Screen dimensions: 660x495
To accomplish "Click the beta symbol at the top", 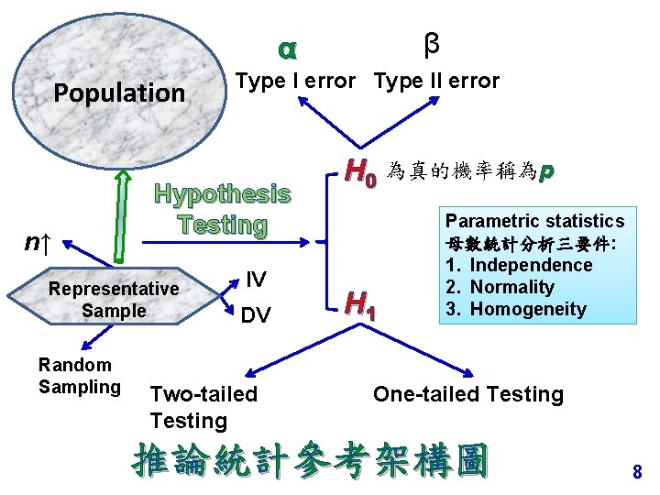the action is [x=432, y=42].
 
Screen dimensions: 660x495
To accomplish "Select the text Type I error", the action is [x=295, y=81].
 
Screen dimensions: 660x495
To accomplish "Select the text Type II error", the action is [x=436, y=81].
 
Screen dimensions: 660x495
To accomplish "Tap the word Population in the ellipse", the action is [x=119, y=93].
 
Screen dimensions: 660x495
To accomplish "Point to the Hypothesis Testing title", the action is [x=223, y=209].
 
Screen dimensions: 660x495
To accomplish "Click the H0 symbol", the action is [x=360, y=171].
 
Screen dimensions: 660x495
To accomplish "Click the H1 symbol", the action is [x=360, y=300].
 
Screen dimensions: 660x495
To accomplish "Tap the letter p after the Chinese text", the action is [x=546, y=171].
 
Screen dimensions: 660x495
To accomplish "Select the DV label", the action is [x=256, y=315].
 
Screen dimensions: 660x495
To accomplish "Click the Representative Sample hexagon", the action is [x=114, y=300].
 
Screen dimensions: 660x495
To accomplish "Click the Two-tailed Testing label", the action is [x=203, y=407].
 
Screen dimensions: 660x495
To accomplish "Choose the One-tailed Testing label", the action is [x=467, y=394].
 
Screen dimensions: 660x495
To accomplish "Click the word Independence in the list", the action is [x=531, y=265].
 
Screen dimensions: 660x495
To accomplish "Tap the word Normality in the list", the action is [x=511, y=287].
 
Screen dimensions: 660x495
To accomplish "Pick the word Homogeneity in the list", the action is [x=526, y=309].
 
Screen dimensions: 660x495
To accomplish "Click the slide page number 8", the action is [x=637, y=473].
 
